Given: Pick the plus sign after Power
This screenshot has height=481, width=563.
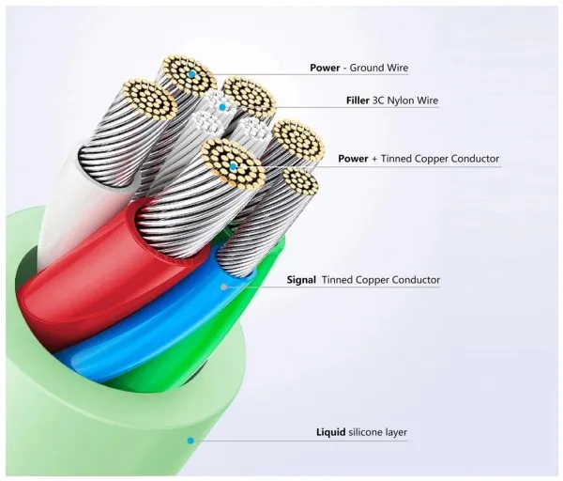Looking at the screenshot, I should coord(373,159).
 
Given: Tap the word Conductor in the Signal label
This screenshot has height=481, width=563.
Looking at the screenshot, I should coord(416,280).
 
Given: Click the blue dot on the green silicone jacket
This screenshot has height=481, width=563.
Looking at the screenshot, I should coord(190,439).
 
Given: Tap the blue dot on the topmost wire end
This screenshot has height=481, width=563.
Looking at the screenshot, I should coord(190,73).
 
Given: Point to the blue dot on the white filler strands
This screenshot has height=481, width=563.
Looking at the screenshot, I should coord(222,107).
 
